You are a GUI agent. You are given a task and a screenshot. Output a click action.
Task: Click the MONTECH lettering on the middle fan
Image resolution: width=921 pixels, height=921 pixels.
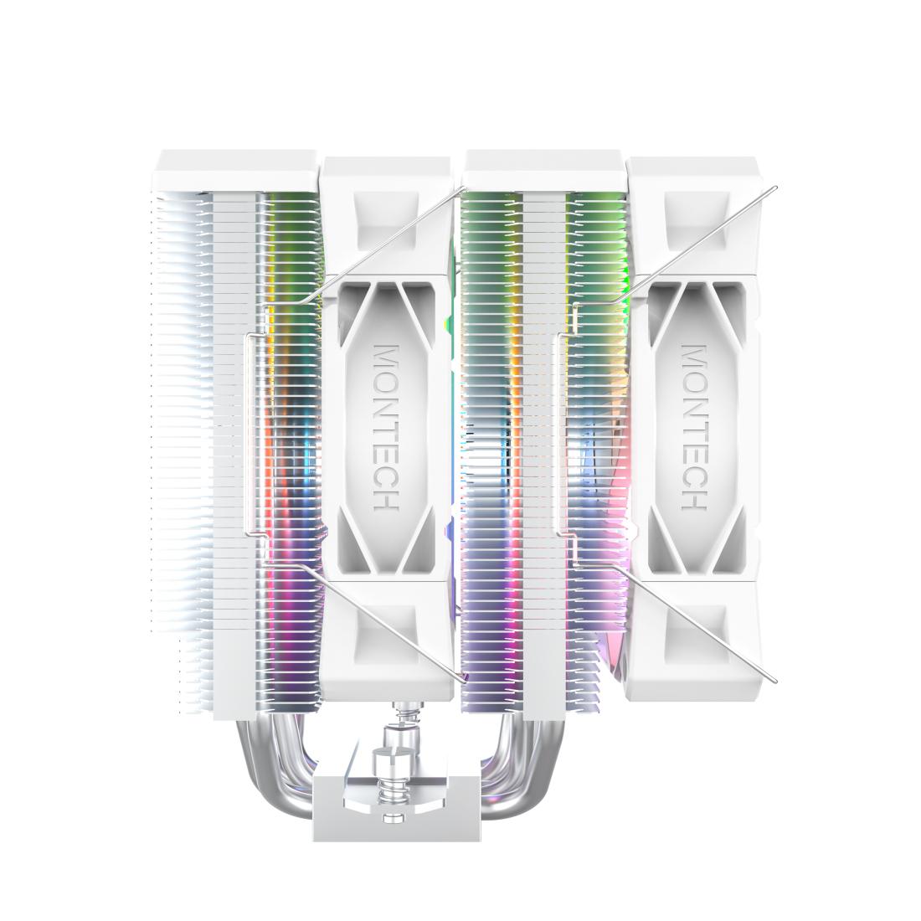[x=386, y=426]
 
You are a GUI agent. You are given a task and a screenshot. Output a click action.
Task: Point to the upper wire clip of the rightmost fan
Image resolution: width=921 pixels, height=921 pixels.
[x=703, y=243]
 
